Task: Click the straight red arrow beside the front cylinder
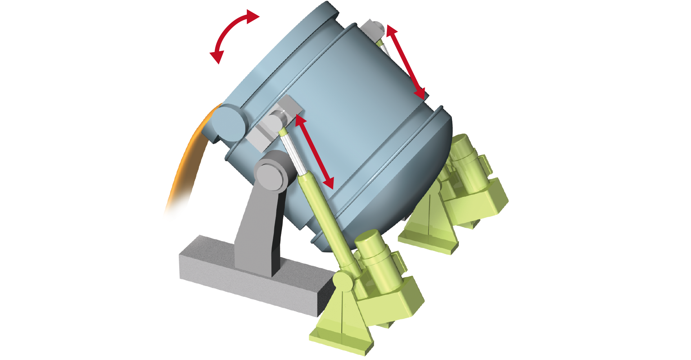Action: (314, 152)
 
